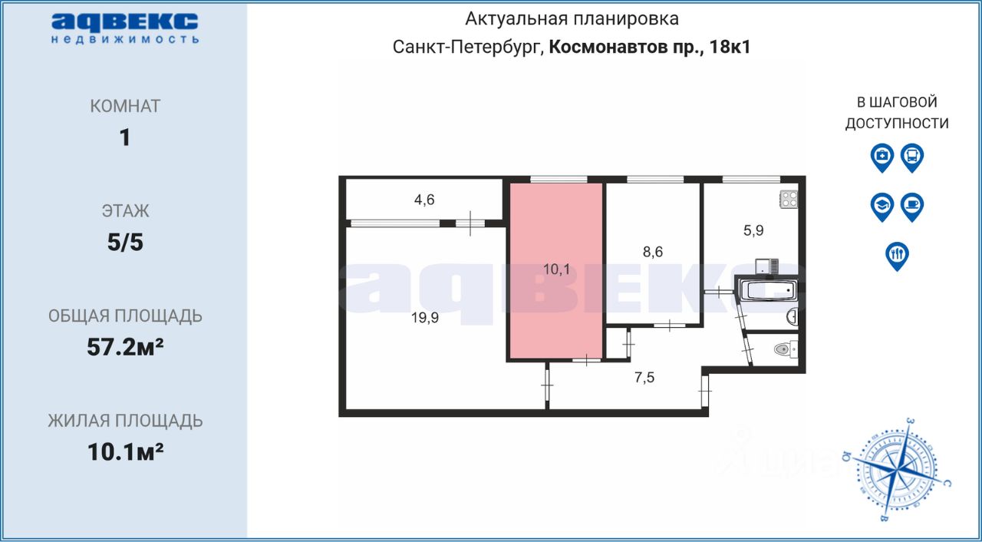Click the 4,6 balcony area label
coord(424,201)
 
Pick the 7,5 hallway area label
coord(644,377)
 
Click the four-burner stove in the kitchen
coord(789,200)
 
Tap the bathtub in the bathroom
coord(766,291)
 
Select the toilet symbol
coord(783,349)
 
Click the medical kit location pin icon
coord(882,157)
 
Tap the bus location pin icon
coord(911,157)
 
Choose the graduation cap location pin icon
coord(882,207)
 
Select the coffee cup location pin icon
coord(911,207)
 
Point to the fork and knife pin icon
coord(897,255)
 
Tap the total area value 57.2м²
coord(125,348)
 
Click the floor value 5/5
coord(125,243)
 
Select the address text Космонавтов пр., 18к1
coord(650,47)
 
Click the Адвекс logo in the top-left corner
coord(125,28)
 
